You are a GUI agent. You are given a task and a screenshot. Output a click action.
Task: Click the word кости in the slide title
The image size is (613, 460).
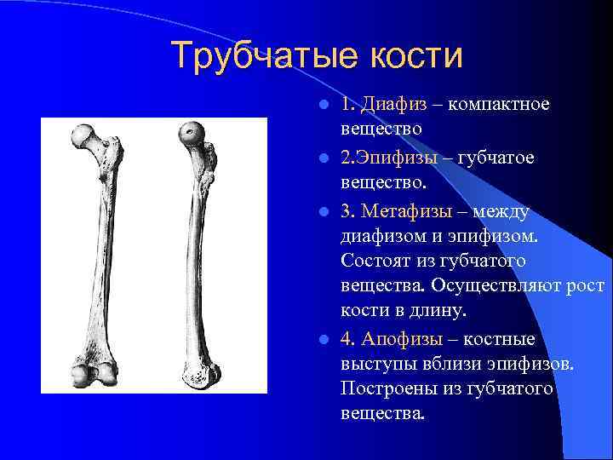tap(416, 56)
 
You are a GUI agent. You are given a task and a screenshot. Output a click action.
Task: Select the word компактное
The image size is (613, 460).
tap(498, 104)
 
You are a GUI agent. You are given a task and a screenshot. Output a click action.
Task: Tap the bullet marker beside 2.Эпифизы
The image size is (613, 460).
tap(324, 159)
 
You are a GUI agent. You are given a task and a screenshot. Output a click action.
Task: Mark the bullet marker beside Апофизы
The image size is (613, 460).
tap(324, 339)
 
